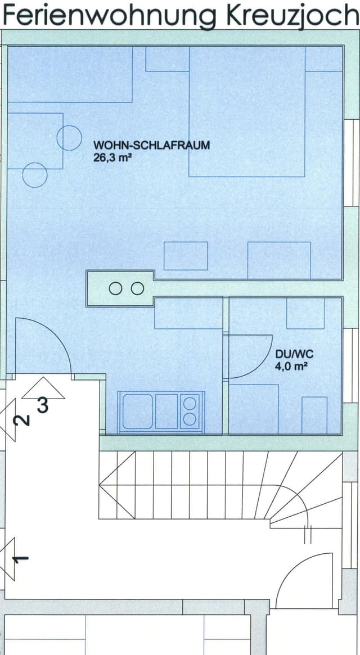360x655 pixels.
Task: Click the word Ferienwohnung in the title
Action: [x=110, y=16]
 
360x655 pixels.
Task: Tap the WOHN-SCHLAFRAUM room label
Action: [x=151, y=146]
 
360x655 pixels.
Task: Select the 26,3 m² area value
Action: [x=110, y=158]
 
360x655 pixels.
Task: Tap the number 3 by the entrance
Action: [x=43, y=405]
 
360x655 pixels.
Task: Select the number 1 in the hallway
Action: [x=20, y=559]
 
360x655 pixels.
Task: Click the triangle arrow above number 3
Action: [x=43, y=388]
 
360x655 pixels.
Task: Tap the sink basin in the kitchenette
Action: [x=138, y=412]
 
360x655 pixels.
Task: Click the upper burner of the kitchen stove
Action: [x=190, y=403]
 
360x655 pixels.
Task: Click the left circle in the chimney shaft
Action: [x=115, y=288]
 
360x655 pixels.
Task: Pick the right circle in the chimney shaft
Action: [x=137, y=288]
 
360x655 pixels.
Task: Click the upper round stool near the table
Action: [x=69, y=138]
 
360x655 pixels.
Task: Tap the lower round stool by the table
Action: [x=35, y=175]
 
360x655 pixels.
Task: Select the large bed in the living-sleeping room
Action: [x=247, y=111]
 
